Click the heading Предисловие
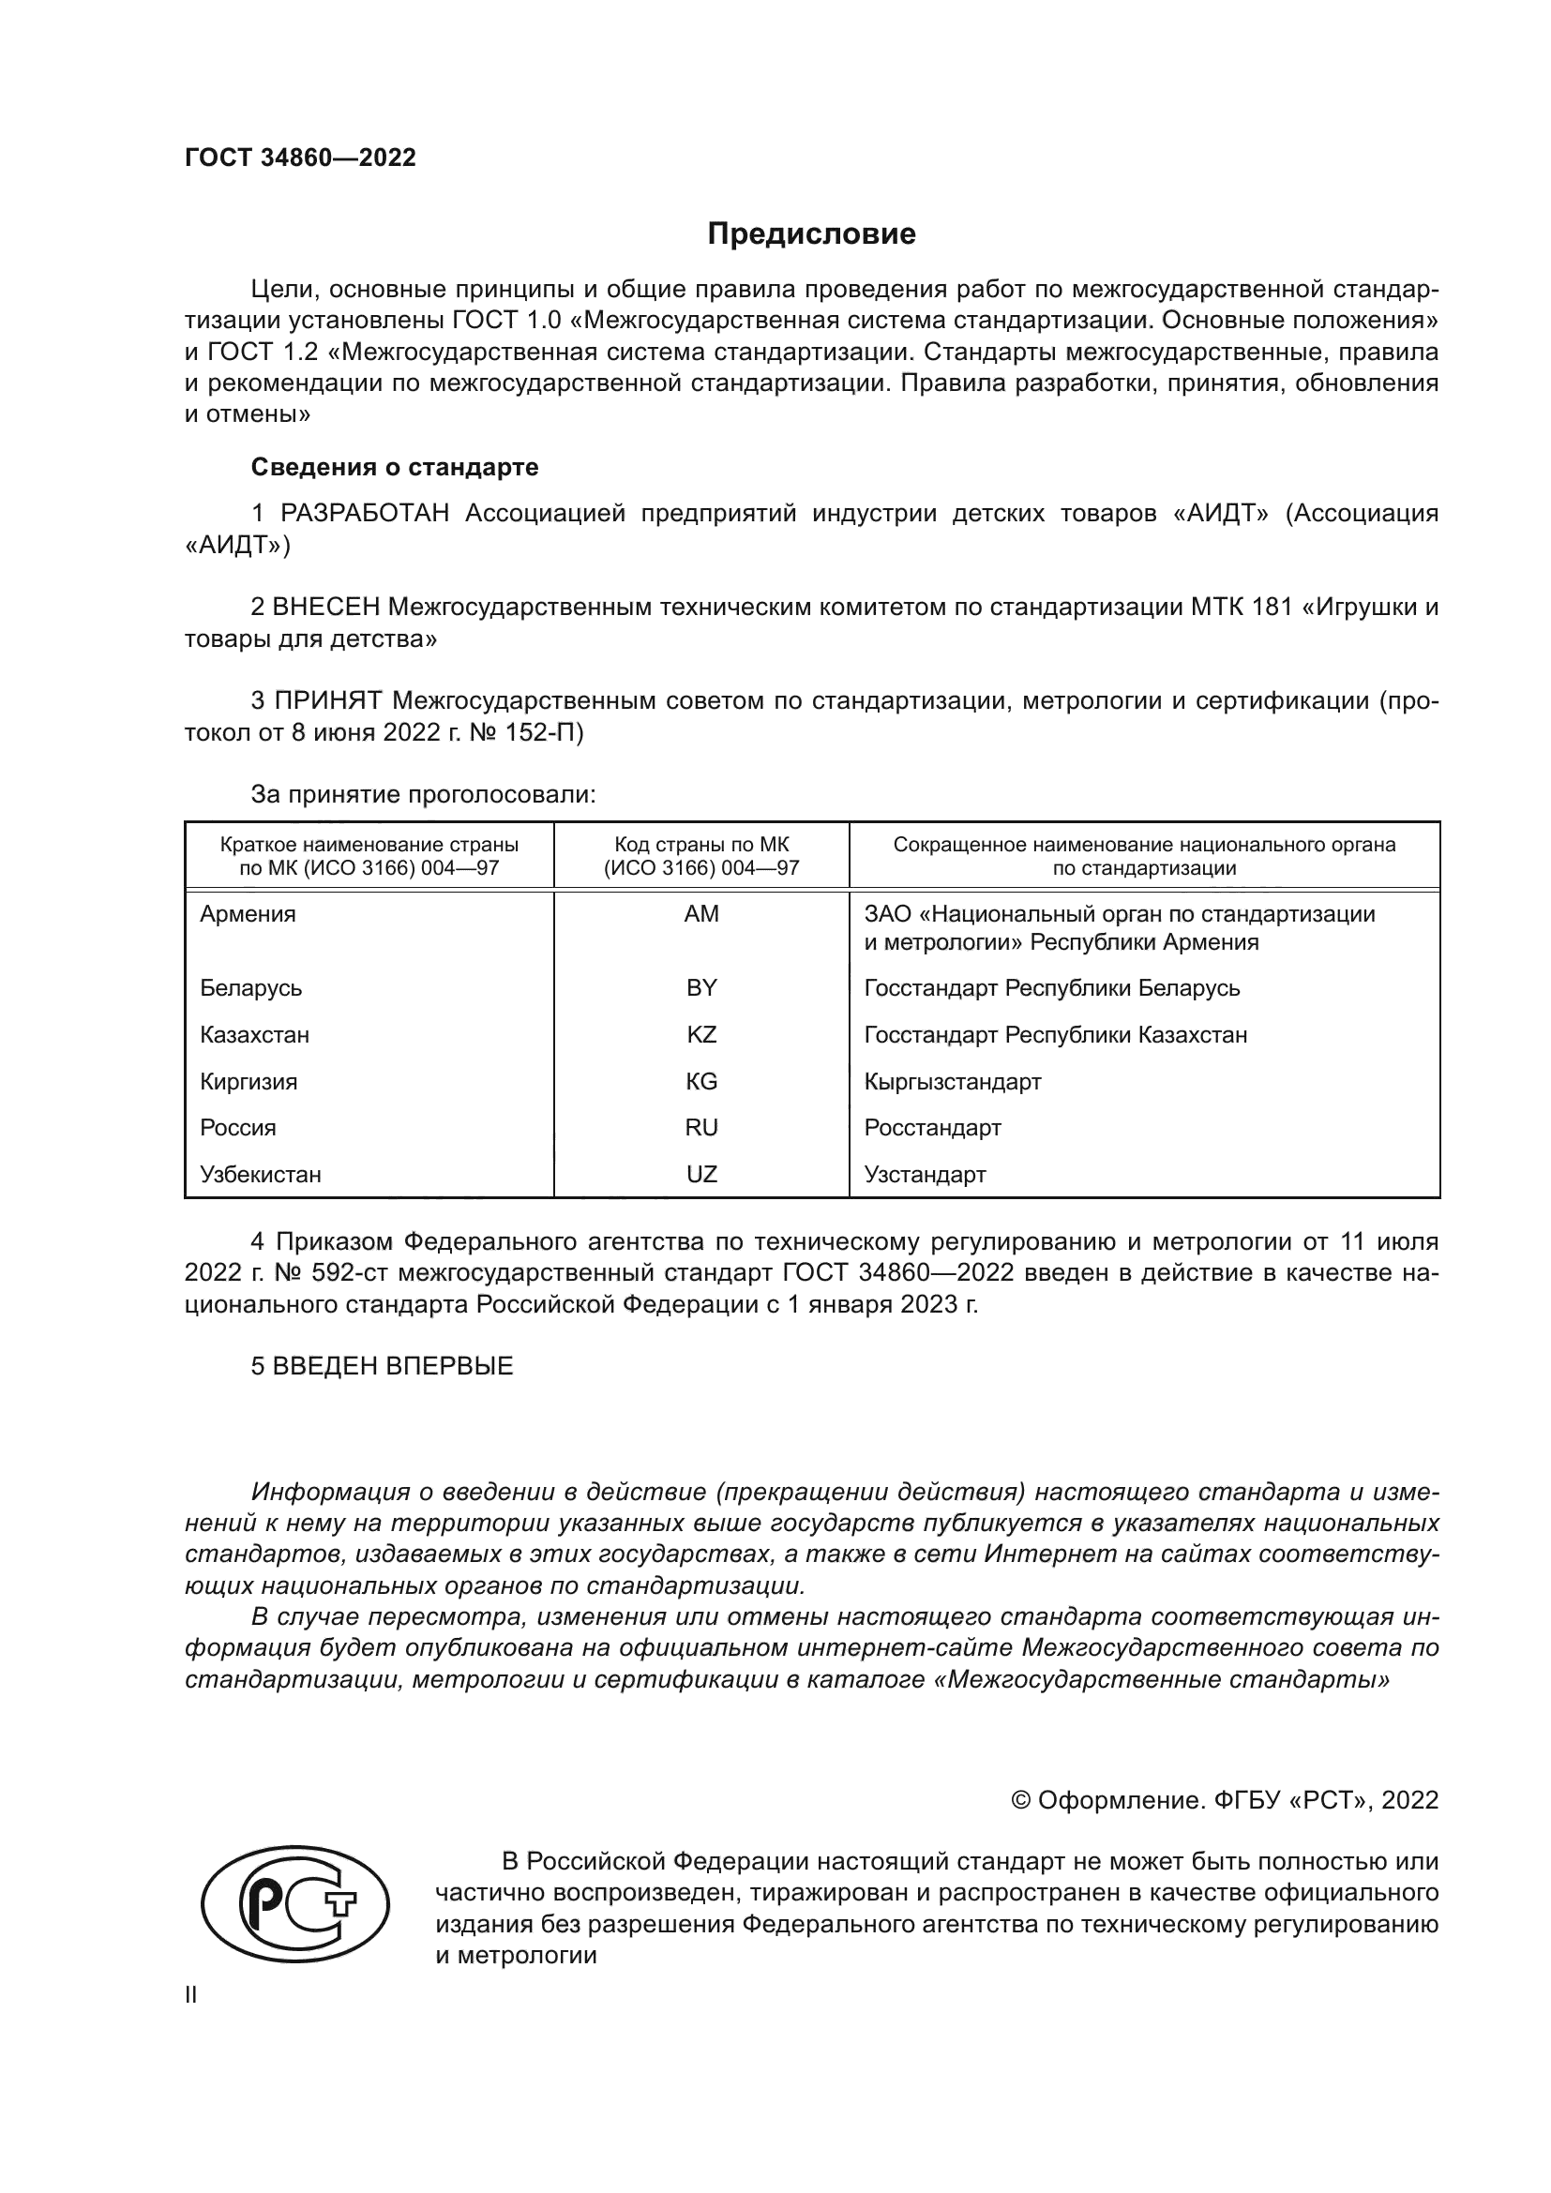click(x=811, y=234)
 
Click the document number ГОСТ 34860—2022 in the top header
click(x=300, y=158)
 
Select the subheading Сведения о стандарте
click(x=395, y=467)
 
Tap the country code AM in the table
click(x=701, y=914)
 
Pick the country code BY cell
click(x=701, y=987)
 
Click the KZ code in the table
click(x=701, y=1034)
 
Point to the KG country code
click(x=701, y=1081)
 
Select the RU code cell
click(x=701, y=1127)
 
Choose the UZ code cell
click(x=701, y=1174)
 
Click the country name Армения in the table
click(x=248, y=914)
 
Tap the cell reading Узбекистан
click(x=261, y=1174)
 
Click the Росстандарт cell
click(x=932, y=1127)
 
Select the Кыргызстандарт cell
click(x=952, y=1081)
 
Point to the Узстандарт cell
click(x=925, y=1174)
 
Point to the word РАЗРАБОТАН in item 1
click(x=365, y=514)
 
